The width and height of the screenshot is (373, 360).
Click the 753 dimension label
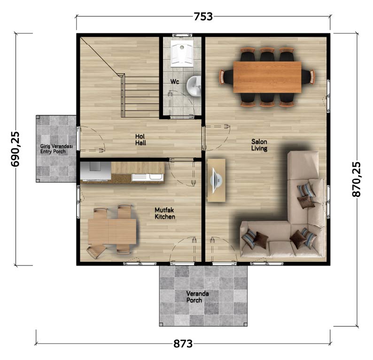pyautogui.click(x=203, y=16)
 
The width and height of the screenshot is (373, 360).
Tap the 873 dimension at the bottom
pyautogui.click(x=183, y=344)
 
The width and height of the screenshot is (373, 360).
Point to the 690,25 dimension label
pyautogui.click(x=16, y=149)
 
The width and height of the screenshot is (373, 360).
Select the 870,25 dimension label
pyautogui.click(x=356, y=179)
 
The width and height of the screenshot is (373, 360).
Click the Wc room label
pyautogui.click(x=175, y=82)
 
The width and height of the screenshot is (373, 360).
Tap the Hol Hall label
pyautogui.click(x=140, y=140)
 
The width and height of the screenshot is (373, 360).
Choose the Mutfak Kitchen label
pyautogui.click(x=165, y=213)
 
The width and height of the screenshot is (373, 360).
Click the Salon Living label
pyautogui.click(x=259, y=145)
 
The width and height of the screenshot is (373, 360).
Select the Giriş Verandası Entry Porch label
pyautogui.click(x=56, y=149)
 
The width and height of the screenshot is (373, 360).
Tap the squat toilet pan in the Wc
pyautogui.click(x=182, y=55)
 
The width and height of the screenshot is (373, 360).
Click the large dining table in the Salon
pyautogui.click(x=267, y=77)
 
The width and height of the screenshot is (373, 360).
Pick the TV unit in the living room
pyautogui.click(x=217, y=180)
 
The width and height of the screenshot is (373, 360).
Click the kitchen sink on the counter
pyautogui.click(x=148, y=177)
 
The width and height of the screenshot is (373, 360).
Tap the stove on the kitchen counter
pyautogui.click(x=96, y=171)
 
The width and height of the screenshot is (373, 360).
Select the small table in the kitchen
pyautogui.click(x=112, y=232)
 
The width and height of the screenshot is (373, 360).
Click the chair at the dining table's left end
pyautogui.click(x=226, y=77)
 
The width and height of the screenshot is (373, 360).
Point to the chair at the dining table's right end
pyautogui.click(x=308, y=77)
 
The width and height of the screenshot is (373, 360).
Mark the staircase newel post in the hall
pyautogui.click(x=123, y=75)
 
